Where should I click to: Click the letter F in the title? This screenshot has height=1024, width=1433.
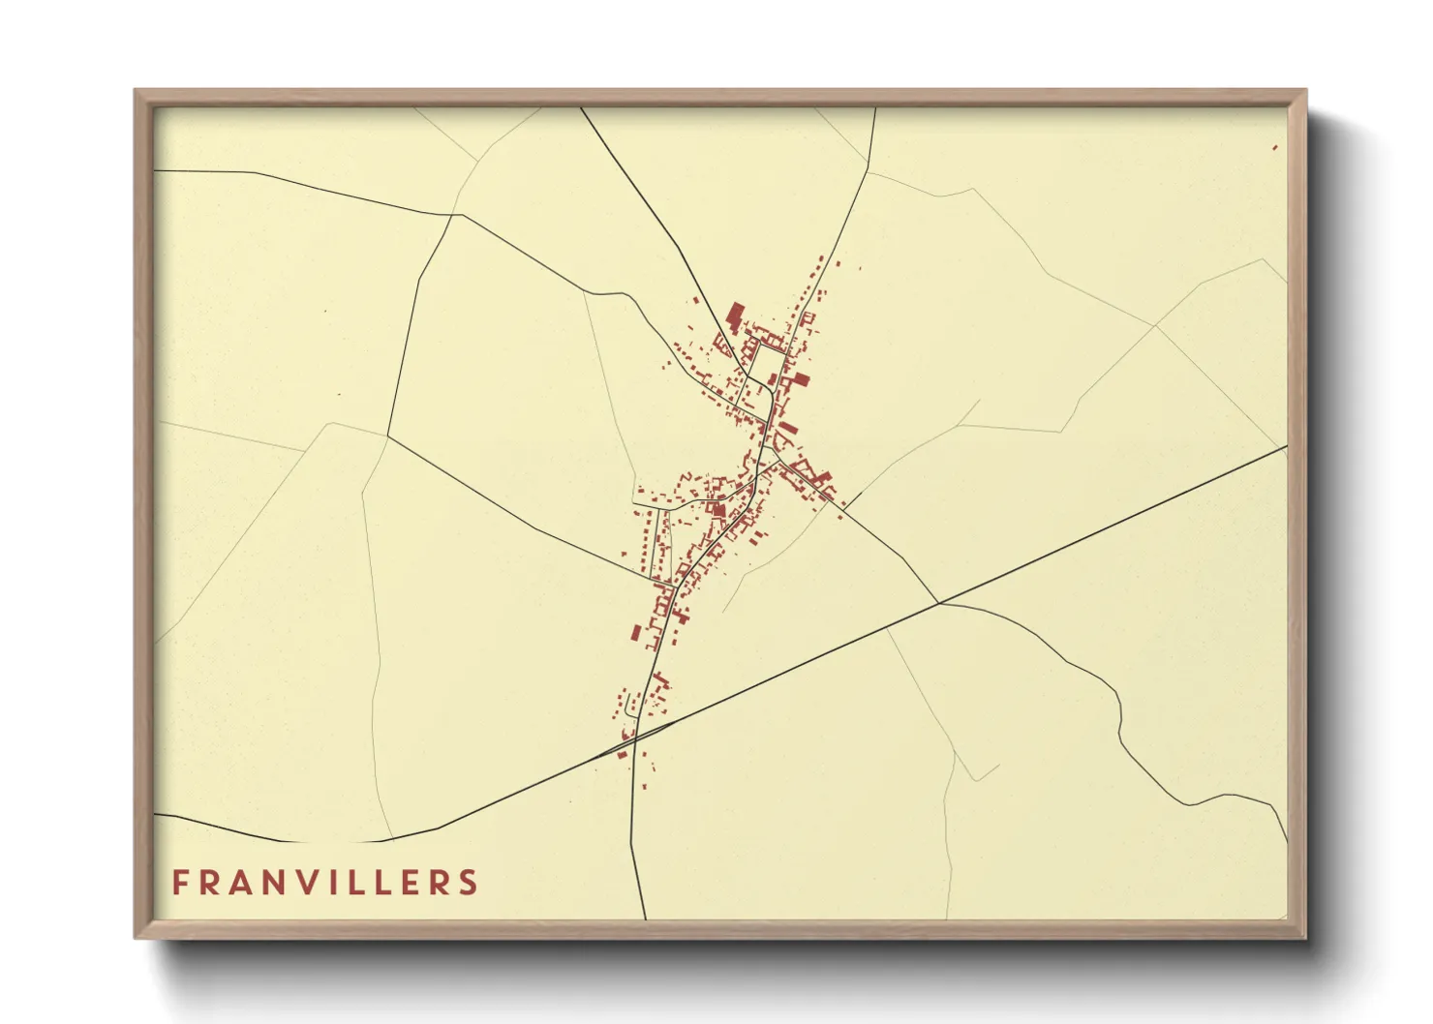click(x=180, y=883)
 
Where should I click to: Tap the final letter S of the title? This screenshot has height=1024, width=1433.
click(x=470, y=883)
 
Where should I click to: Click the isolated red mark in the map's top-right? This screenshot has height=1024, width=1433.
click(x=1275, y=147)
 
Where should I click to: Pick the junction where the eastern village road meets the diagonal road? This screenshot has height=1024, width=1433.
click(x=938, y=603)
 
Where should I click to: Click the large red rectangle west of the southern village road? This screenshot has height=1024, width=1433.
click(x=636, y=633)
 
